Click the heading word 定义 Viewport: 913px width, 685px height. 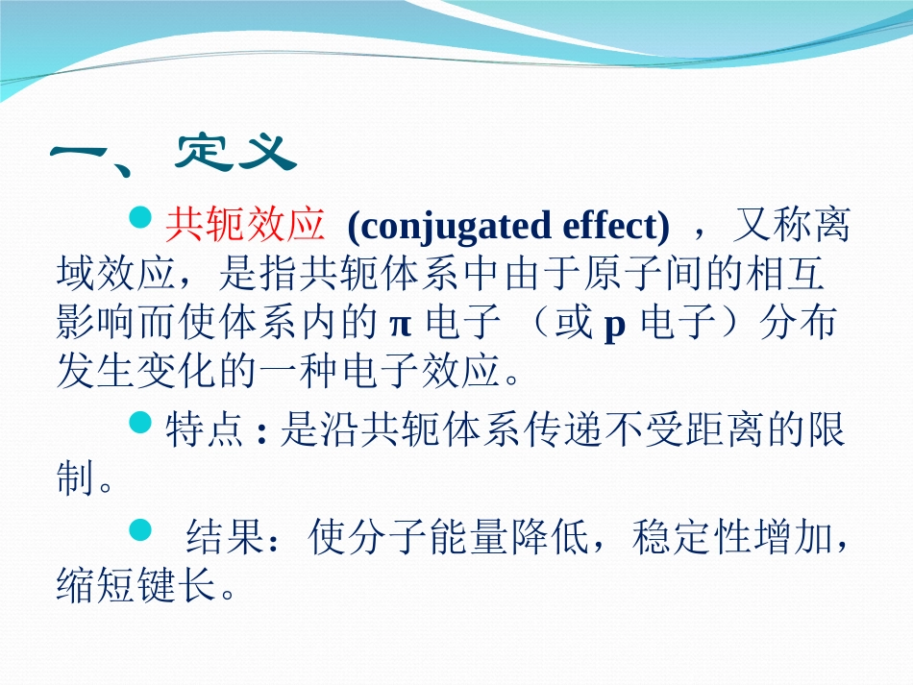tap(233, 151)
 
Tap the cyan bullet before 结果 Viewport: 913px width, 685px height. tap(140, 528)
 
